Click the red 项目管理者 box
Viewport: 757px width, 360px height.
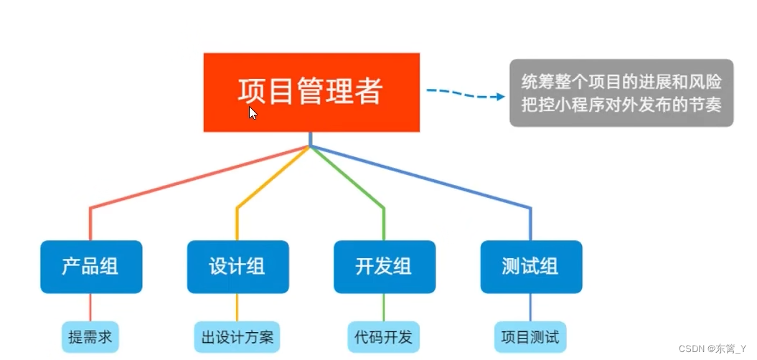[x=311, y=92]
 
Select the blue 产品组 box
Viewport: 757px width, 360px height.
[x=90, y=267]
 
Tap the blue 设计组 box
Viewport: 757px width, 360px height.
[x=238, y=267]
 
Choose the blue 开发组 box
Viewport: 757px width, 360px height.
[x=384, y=267]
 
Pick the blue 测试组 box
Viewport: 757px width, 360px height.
[x=531, y=267]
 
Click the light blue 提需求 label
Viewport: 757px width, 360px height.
[x=90, y=336]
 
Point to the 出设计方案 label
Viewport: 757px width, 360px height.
[x=237, y=336]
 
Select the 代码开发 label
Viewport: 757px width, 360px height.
[x=384, y=336]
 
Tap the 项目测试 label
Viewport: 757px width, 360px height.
[x=530, y=336]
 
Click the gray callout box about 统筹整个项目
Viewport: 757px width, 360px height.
[x=621, y=93]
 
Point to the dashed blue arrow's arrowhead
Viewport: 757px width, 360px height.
[x=502, y=96]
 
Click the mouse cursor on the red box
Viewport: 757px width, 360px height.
[x=253, y=113]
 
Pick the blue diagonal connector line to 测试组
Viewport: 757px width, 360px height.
[x=431, y=179]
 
